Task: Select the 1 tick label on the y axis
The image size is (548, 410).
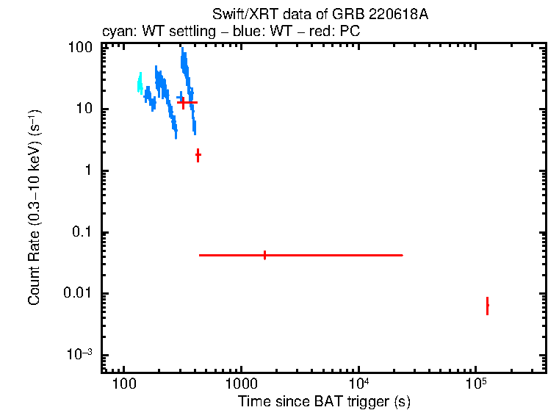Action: click(x=87, y=170)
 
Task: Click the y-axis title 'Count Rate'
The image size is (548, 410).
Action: click(x=35, y=206)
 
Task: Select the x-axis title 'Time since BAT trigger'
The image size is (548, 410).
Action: click(x=324, y=402)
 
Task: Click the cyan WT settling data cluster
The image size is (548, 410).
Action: click(x=140, y=82)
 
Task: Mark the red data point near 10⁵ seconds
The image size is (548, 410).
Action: click(x=487, y=306)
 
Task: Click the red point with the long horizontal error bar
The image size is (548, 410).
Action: click(x=264, y=255)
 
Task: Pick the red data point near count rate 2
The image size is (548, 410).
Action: click(x=198, y=155)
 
